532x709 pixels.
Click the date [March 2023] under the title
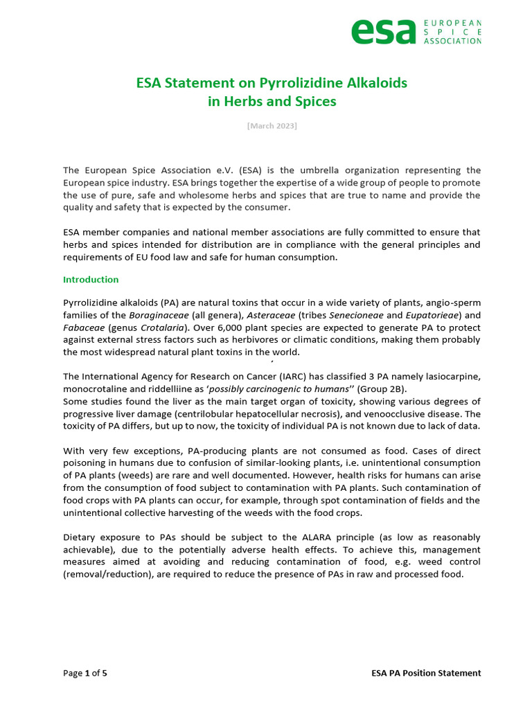[272, 125]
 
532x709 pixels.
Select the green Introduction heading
[91, 280]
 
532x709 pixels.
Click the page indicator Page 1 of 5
[85, 673]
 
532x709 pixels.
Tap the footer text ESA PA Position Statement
[425, 673]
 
